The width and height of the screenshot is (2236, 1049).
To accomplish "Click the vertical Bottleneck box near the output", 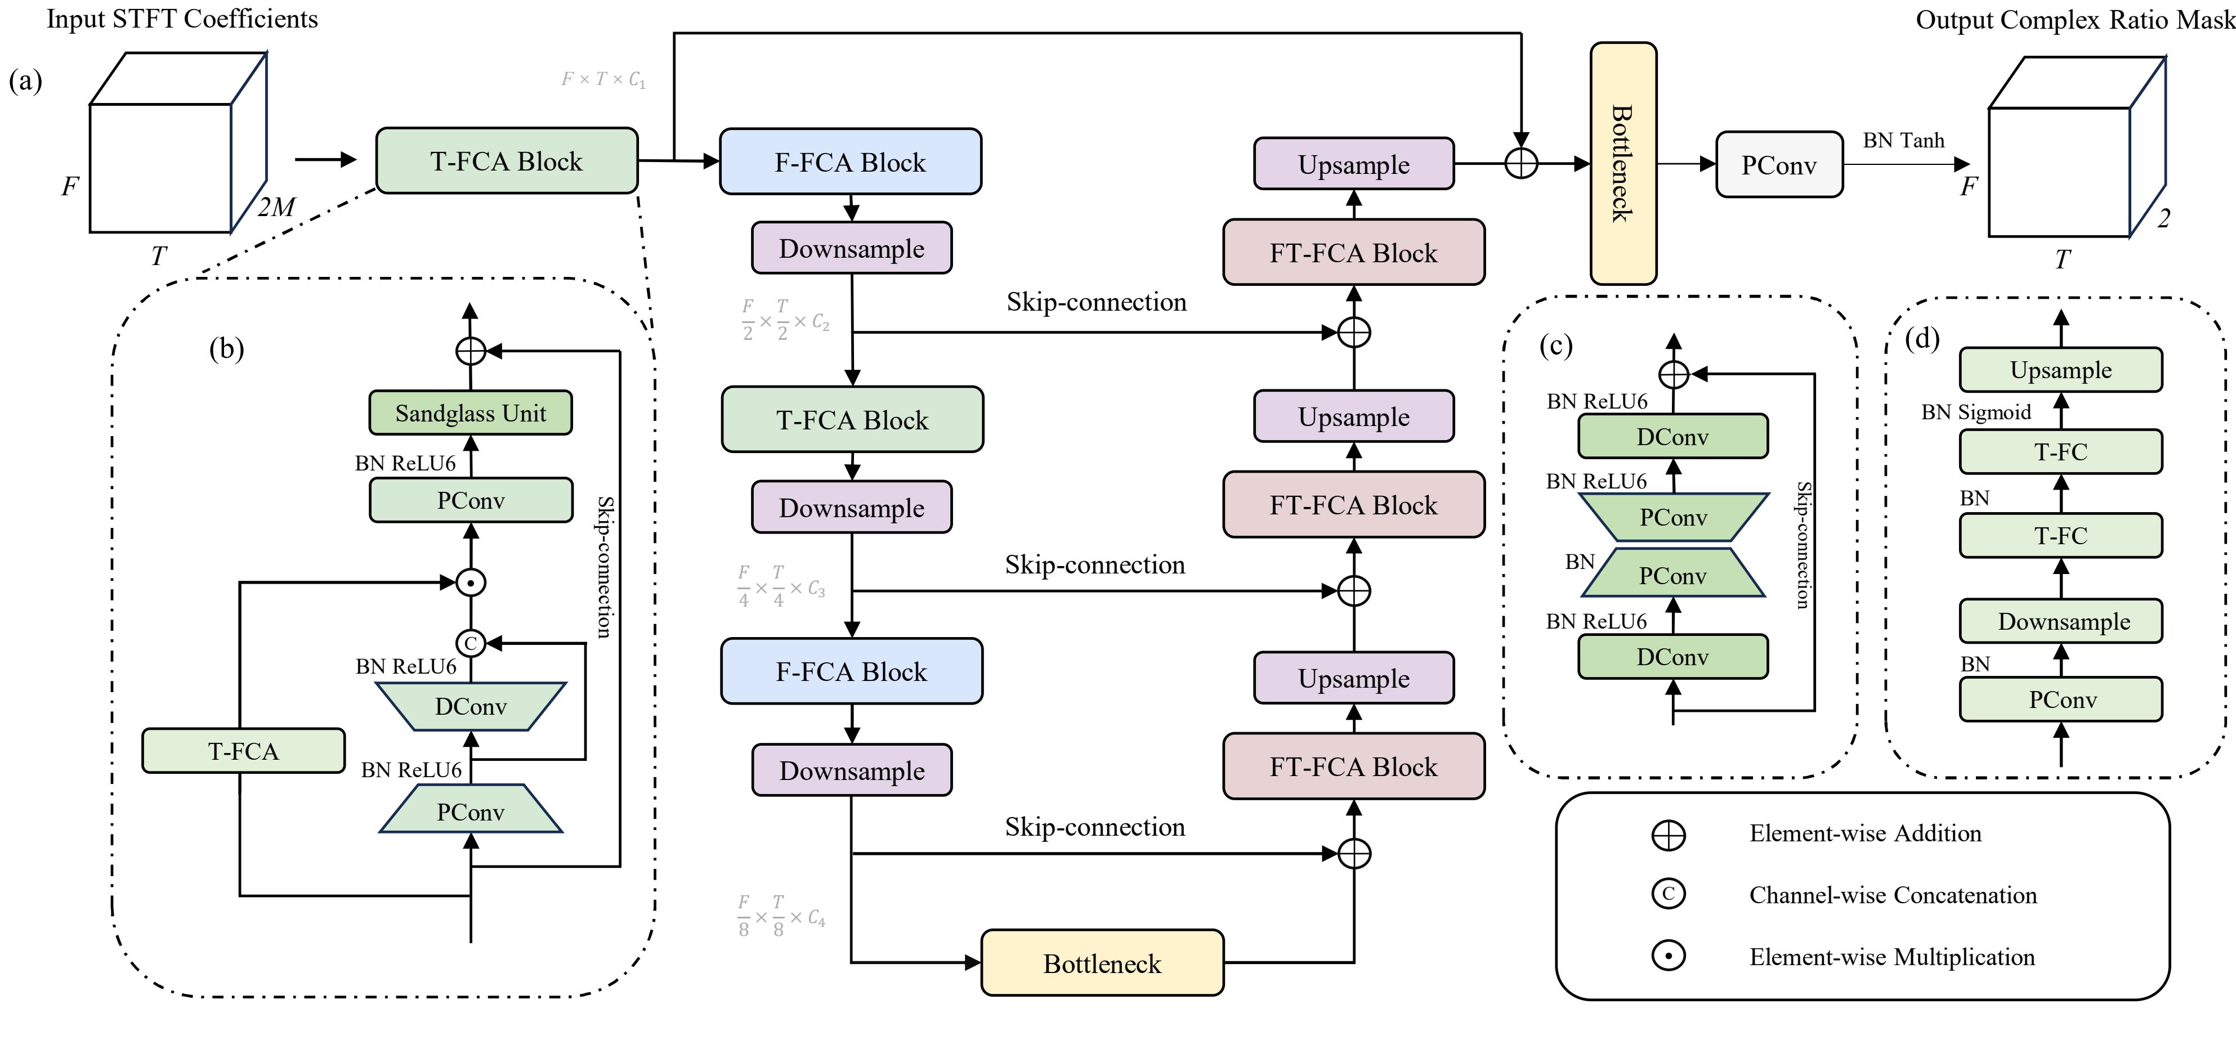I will pos(1622,163).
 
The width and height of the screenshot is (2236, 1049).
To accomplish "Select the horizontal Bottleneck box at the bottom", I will pos(1102,963).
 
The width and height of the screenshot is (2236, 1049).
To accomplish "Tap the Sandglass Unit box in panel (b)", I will pos(471,413).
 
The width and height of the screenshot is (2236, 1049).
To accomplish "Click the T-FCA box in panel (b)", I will pos(243,751).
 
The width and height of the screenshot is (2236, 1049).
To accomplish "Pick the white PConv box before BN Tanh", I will pos(1778,165).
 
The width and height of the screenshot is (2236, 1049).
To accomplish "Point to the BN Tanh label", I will pos(1903,141).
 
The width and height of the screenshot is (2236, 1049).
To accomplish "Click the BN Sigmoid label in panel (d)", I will pos(1975,412).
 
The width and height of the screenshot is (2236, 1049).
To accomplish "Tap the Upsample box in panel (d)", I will pos(2061,370).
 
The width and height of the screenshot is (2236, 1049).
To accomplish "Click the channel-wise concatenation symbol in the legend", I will pos(1667,894).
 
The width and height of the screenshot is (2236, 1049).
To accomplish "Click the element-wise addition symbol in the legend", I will pos(1667,835).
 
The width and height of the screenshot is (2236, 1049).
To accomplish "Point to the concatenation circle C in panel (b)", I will pos(471,643).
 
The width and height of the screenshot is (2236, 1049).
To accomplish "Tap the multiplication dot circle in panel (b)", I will pos(471,582).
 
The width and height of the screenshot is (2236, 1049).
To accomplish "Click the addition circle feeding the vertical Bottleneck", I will pos(1521,163).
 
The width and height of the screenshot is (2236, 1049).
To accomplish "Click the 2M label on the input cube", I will pos(276,207).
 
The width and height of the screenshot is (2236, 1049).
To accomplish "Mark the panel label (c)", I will pos(1555,346).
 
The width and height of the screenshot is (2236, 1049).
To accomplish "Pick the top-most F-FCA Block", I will pos(850,162).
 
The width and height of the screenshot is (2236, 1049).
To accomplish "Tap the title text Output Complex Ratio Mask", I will pos(2074,20).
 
